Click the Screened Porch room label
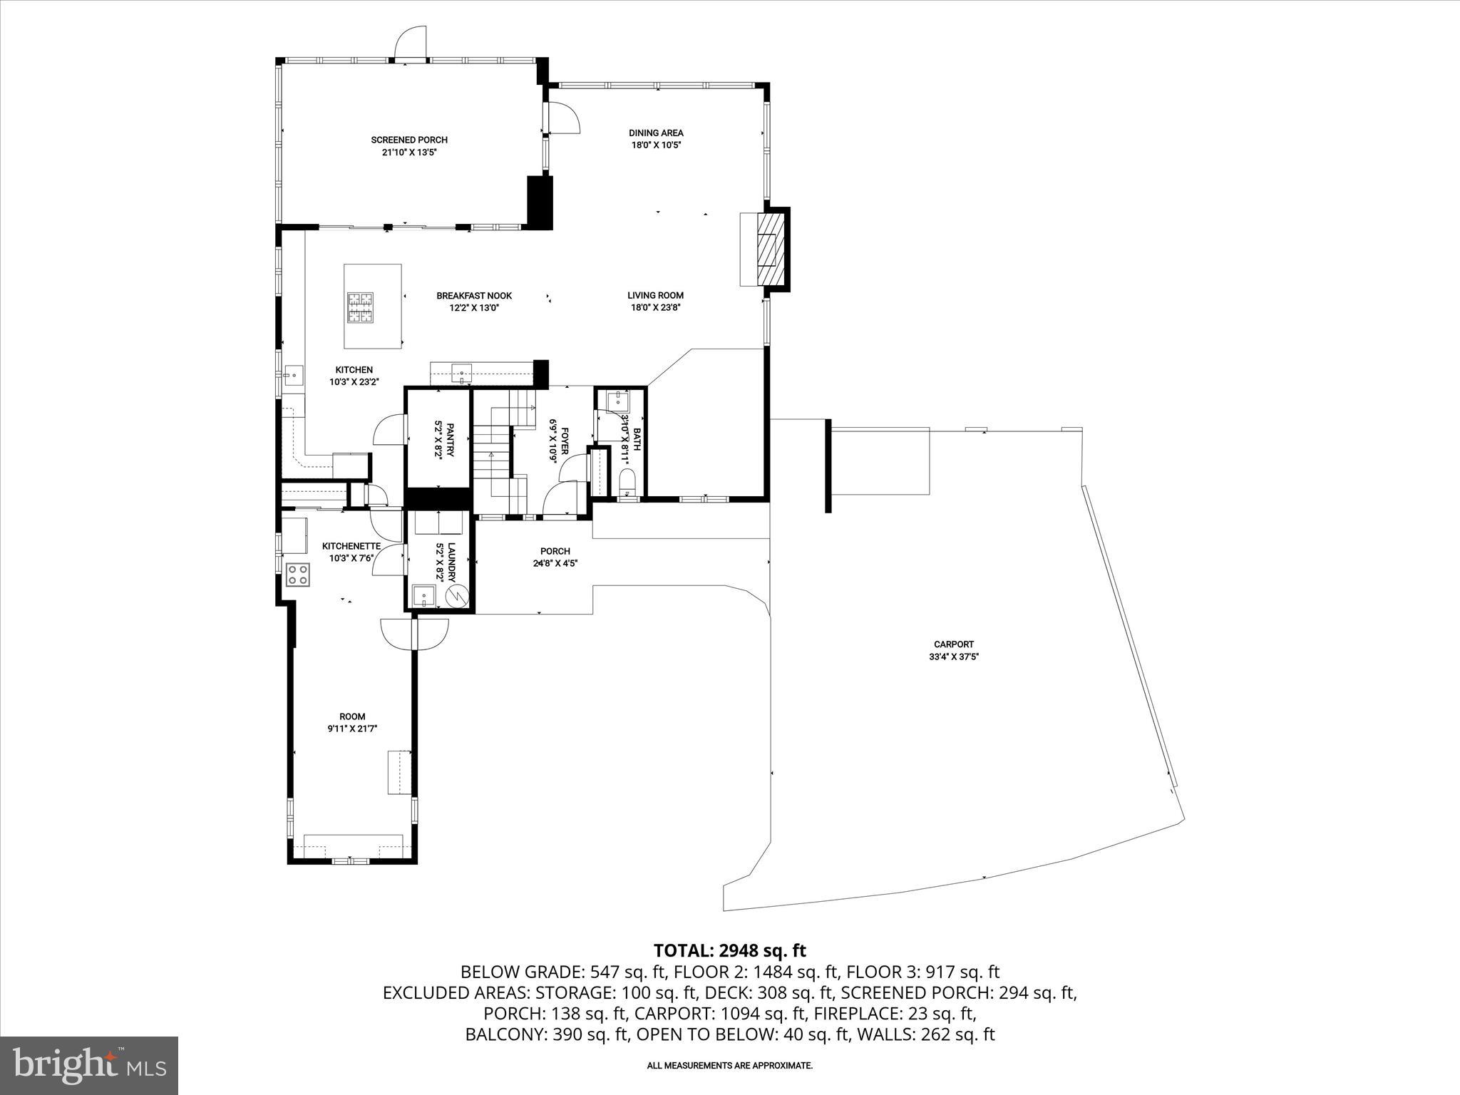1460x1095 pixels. tap(408, 140)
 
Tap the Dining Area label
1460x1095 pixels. tap(656, 133)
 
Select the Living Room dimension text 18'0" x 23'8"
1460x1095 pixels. tap(655, 308)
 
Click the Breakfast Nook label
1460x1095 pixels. tap(474, 296)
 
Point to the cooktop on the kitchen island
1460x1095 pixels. tap(360, 309)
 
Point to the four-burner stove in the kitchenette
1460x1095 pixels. tap(297, 575)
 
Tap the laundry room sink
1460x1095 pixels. tap(424, 595)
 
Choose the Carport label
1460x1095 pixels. tap(954, 644)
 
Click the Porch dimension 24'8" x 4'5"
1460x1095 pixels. tap(555, 563)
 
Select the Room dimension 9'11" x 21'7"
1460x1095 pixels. tap(352, 729)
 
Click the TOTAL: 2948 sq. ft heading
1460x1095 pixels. tap(729, 950)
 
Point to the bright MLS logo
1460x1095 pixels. tap(89, 1065)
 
